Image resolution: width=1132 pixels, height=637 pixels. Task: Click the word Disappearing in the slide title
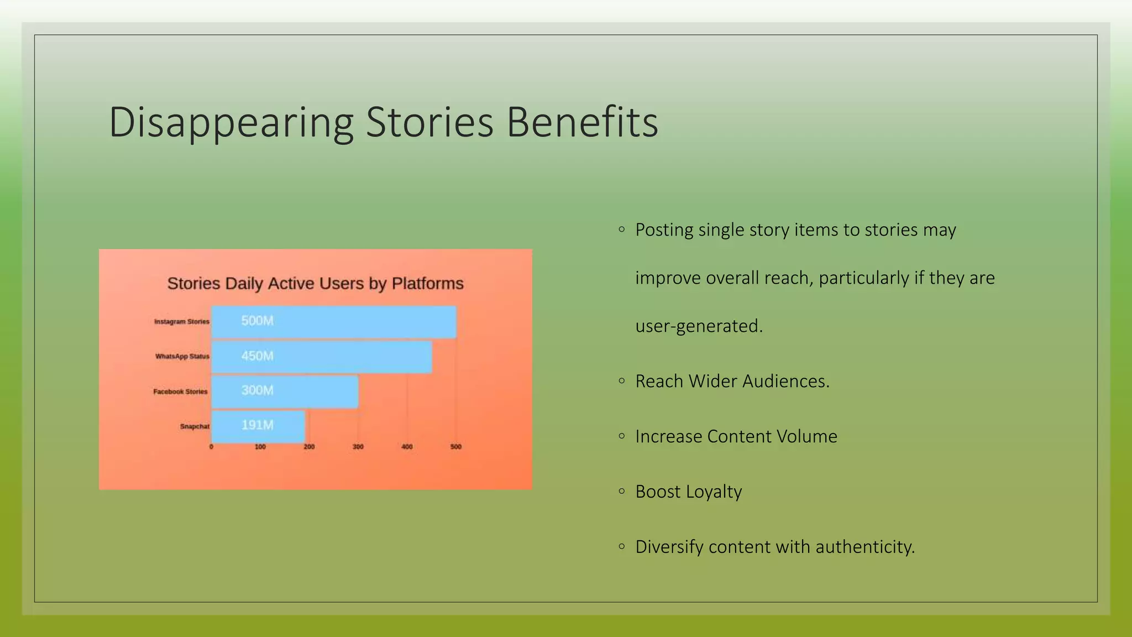click(231, 123)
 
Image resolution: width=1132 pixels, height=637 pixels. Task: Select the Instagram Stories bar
click(334, 322)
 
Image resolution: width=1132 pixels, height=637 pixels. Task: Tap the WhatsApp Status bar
click(322, 357)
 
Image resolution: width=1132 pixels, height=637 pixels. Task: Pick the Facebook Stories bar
click(285, 391)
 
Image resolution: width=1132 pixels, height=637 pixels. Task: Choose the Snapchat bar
click(258, 426)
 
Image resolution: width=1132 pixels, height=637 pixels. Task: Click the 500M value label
click(257, 321)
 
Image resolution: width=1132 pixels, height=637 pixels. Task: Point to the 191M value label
click(257, 425)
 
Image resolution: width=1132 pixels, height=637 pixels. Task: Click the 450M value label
click(257, 356)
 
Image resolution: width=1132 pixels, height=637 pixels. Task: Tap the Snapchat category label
click(195, 426)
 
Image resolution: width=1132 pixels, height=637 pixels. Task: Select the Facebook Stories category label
click(180, 391)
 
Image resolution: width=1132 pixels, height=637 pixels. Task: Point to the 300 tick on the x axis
click(358, 447)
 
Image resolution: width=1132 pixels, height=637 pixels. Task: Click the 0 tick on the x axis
click(211, 447)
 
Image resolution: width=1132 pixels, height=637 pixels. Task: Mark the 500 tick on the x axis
click(456, 447)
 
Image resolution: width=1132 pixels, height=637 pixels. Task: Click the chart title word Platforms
click(427, 284)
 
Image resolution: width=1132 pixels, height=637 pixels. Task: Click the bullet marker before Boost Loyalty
click(622, 491)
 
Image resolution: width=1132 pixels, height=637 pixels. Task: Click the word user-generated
click(699, 326)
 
